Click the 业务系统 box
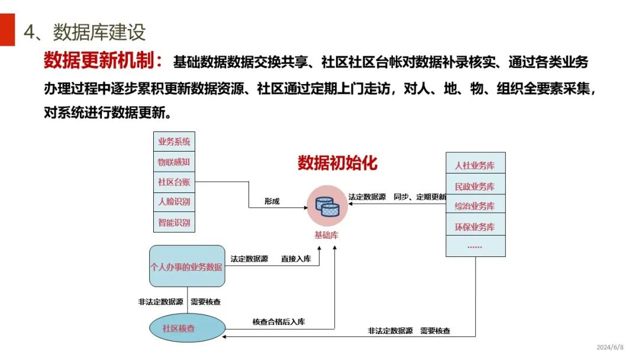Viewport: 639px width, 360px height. (x=174, y=142)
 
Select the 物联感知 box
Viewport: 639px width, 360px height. (x=174, y=162)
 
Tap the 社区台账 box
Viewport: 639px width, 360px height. (x=174, y=182)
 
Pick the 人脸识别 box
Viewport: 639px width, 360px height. (x=174, y=202)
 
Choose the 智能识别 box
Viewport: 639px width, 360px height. (x=174, y=223)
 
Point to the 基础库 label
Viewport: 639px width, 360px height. (x=327, y=235)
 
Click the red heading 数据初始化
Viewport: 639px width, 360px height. (x=337, y=163)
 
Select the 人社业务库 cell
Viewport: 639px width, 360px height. (x=475, y=166)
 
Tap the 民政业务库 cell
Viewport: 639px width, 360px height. (x=475, y=187)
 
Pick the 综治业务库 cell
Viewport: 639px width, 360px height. (x=475, y=207)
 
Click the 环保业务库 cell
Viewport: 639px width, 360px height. (x=475, y=227)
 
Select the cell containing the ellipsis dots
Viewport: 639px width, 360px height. (x=475, y=246)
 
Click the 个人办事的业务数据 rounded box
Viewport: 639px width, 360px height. (x=187, y=266)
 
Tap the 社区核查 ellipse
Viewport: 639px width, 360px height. (x=187, y=327)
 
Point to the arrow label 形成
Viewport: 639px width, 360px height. (x=272, y=201)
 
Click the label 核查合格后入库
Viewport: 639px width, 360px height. (x=279, y=322)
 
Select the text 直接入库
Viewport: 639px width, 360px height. (x=296, y=259)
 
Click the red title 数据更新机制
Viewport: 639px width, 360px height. (x=104, y=62)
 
